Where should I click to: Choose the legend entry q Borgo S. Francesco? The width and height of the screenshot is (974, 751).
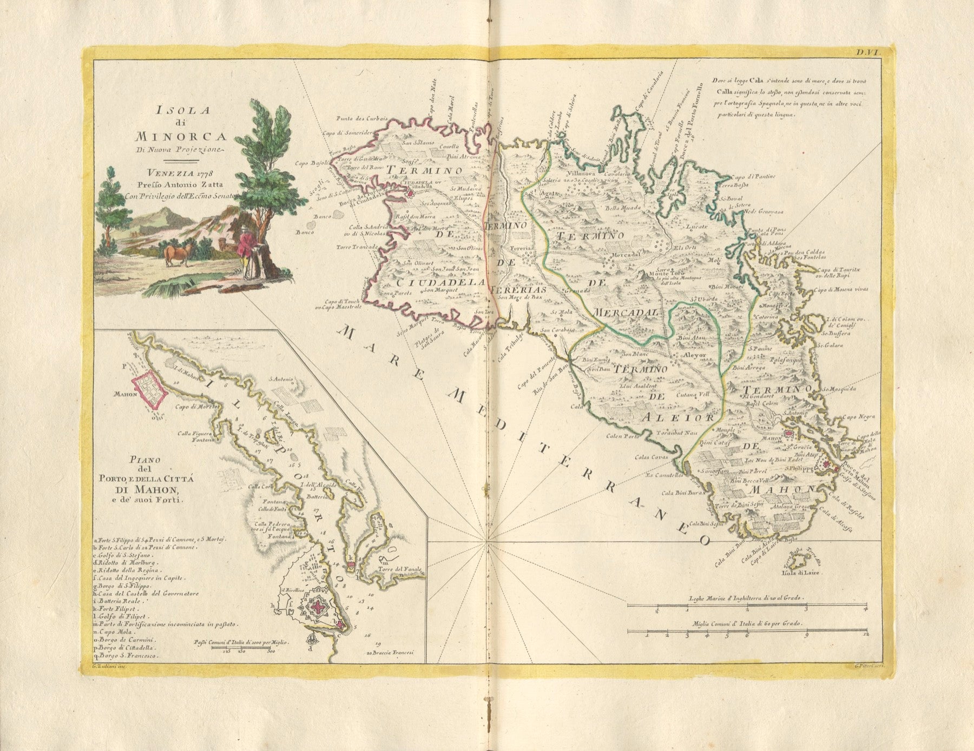click(x=126, y=655)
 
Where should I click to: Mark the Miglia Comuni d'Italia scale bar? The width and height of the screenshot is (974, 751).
click(x=747, y=630)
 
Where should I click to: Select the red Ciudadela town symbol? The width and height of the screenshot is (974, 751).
click(x=410, y=192)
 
